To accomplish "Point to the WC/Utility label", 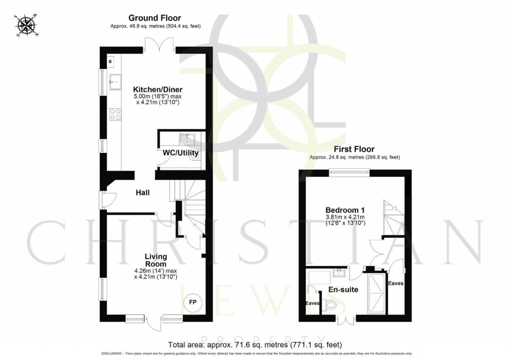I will (180, 153).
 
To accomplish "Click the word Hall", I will (142, 192).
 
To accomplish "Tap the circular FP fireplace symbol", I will (192, 302).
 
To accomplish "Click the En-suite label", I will (343, 289).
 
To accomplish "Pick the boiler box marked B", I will (110, 62).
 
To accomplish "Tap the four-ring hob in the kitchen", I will (115, 114).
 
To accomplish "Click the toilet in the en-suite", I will (331, 304).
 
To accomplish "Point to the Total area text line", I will (255, 344).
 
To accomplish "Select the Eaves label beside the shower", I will (396, 283).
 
